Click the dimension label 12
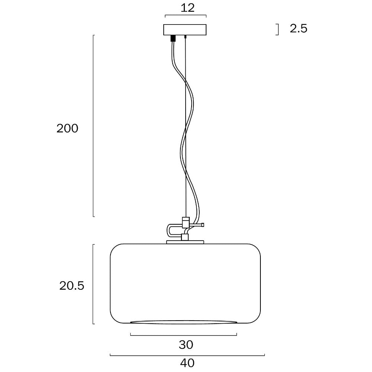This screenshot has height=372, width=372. [187, 8]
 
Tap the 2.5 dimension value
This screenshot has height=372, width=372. [298, 29]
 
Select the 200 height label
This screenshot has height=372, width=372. [67, 128]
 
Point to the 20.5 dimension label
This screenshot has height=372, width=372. [72, 286]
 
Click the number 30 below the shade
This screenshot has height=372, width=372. [186, 345]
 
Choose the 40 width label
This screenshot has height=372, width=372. [187, 363]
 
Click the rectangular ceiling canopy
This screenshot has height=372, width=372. [185, 30]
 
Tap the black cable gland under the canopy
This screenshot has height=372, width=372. [173, 38]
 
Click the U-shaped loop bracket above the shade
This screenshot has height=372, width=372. [169, 230]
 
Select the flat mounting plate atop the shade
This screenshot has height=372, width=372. [185, 242]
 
